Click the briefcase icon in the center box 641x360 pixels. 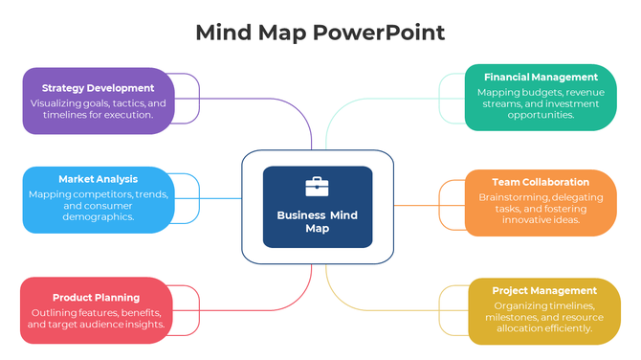317,187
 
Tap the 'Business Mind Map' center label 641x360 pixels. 317,222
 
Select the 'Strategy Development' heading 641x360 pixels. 99,88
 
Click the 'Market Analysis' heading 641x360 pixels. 98,179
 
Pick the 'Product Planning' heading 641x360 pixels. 96,298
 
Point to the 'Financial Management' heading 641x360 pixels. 541,77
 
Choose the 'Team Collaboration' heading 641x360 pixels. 541,182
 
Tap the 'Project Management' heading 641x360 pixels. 544,290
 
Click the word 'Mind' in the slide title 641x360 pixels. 225,32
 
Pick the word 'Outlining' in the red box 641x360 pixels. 54,313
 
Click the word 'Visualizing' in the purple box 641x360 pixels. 57,103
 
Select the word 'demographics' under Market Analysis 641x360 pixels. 98,217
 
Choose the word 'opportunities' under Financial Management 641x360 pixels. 541,115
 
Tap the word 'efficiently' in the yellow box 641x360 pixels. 568,328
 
